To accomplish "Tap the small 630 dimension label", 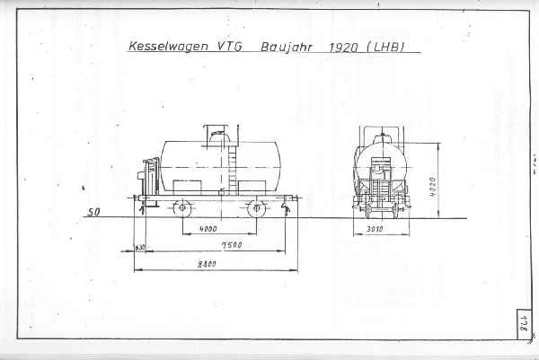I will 139,247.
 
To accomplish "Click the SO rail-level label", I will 92,214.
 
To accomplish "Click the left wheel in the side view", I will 182,208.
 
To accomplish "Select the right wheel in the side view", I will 258,208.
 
